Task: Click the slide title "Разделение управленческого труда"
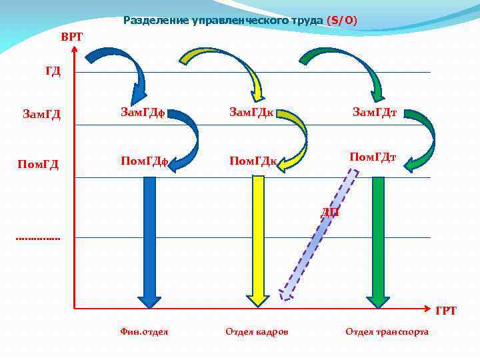coord(224,21)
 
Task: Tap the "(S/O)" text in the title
coord(342,21)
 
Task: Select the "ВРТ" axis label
coord(72,36)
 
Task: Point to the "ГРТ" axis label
coord(445,311)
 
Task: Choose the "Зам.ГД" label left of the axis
coord(41,115)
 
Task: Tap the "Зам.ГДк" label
coord(251,112)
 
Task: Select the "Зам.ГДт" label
coord(375,112)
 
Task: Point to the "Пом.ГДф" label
coord(143,161)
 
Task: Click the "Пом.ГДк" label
coord(253,161)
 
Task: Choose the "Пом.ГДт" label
coord(373,157)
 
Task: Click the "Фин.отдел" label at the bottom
coord(144,331)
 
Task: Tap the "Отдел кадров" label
coord(257,331)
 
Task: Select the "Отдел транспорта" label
coord(387,331)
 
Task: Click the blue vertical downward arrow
coord(150,240)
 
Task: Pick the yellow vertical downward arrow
coord(258,240)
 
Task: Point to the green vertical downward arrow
coord(377,240)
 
